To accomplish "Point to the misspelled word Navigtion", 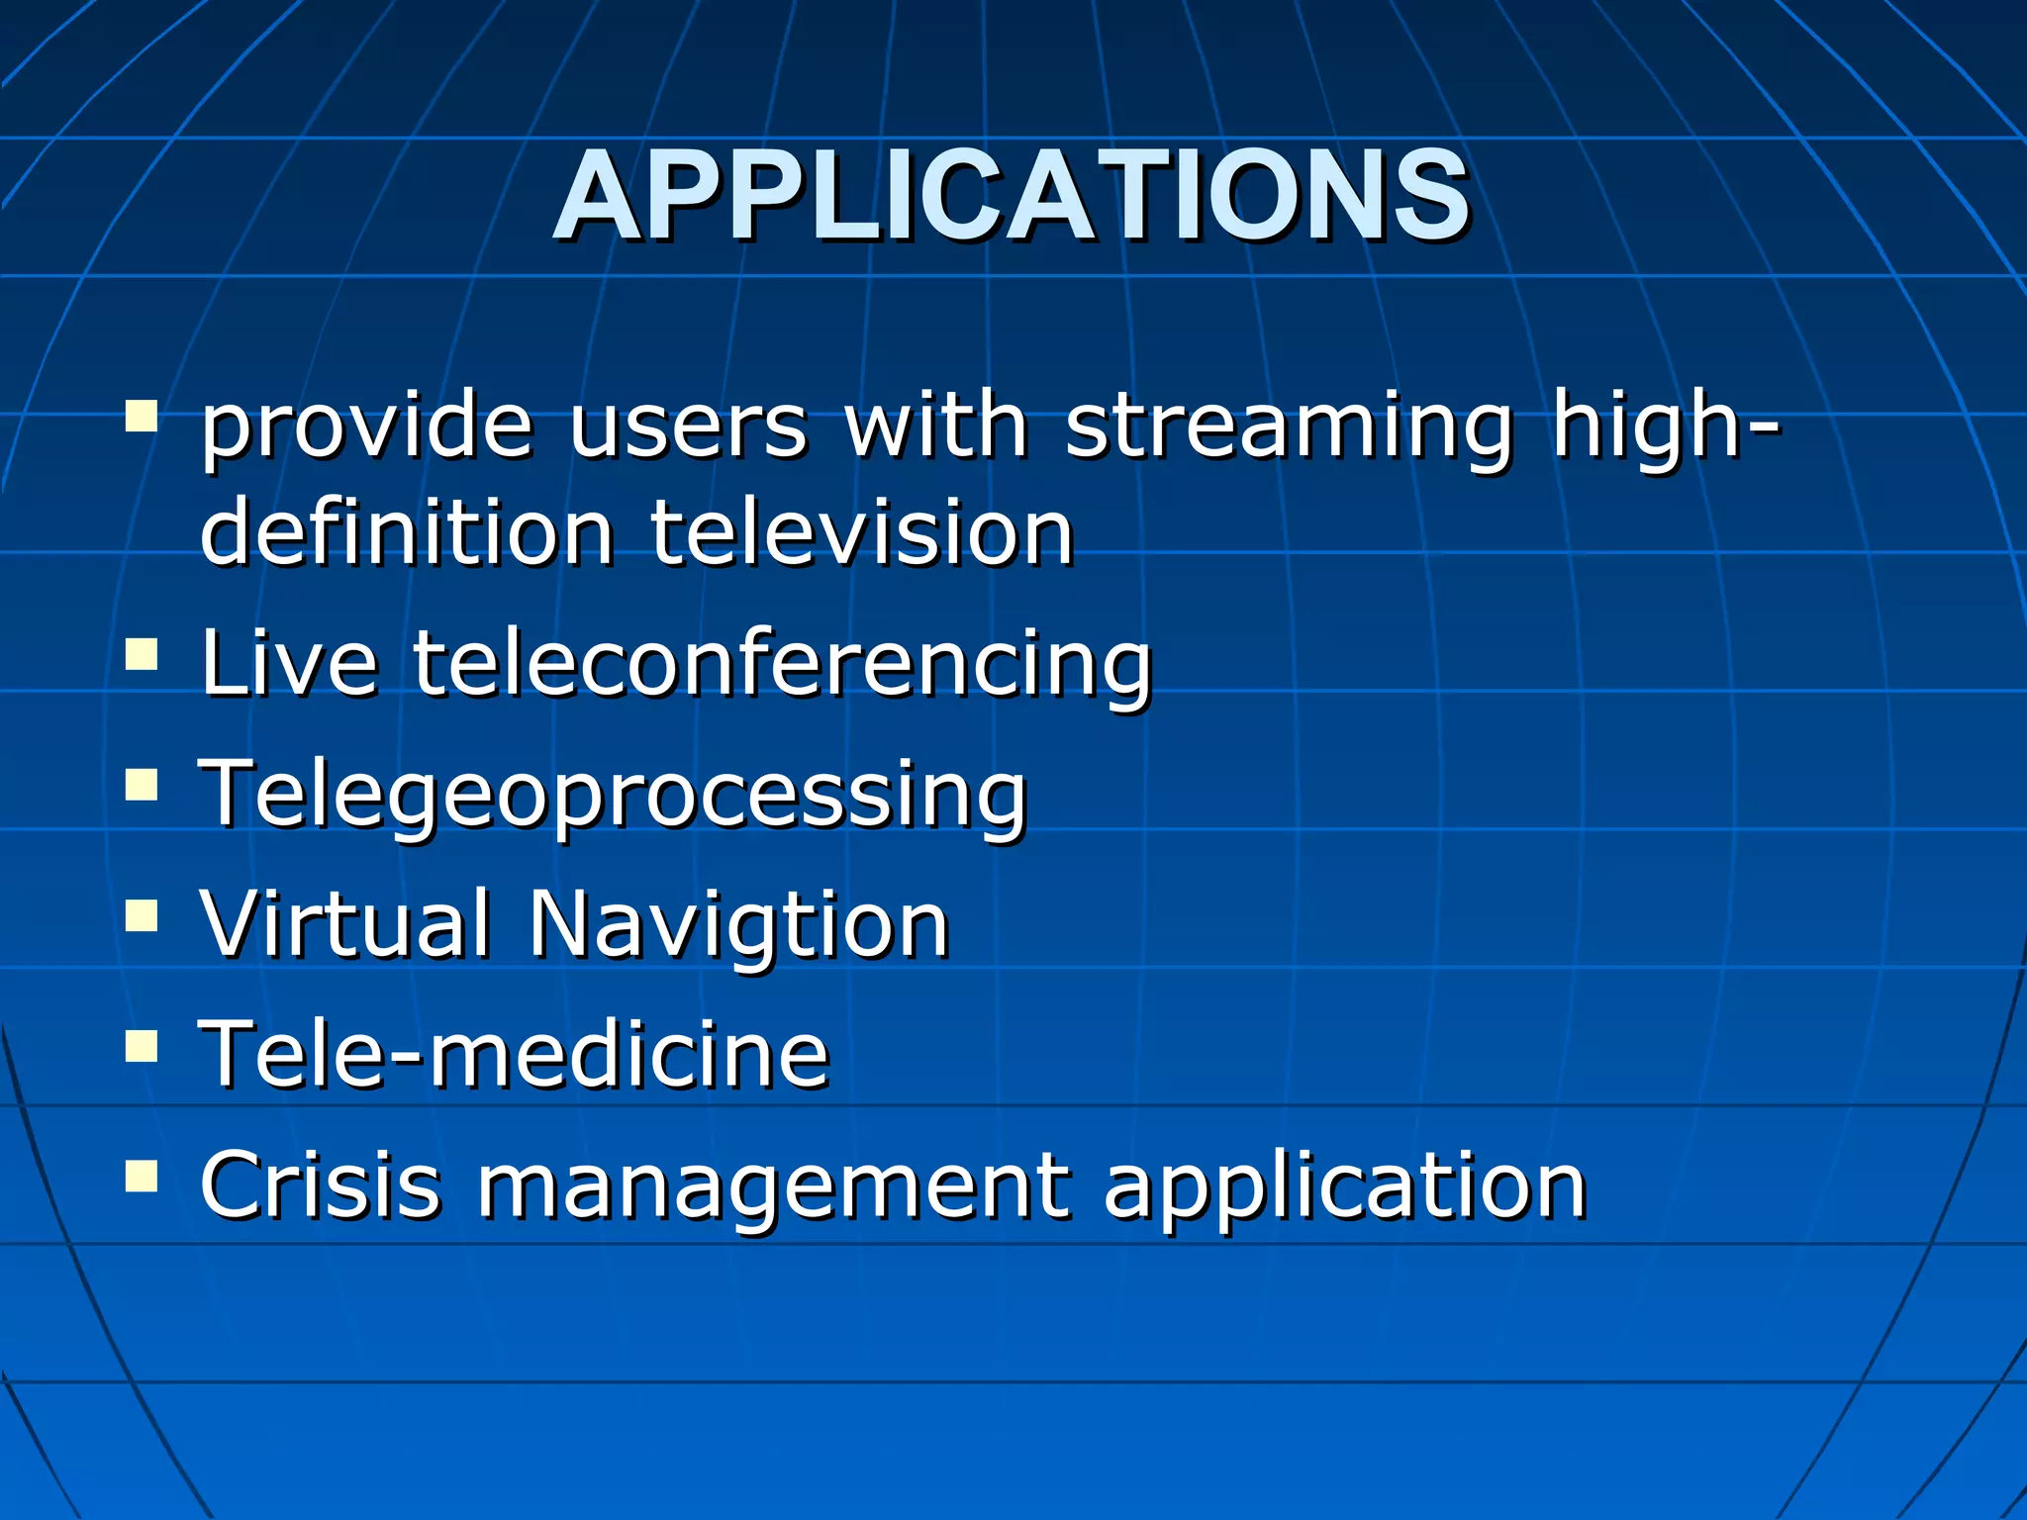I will (738, 925).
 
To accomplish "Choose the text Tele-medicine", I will (514, 1054).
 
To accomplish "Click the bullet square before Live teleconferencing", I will (143, 654).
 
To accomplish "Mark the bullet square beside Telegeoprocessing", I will (143, 784).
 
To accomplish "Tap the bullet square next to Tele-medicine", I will (143, 1045).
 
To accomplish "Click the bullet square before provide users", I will (143, 417).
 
